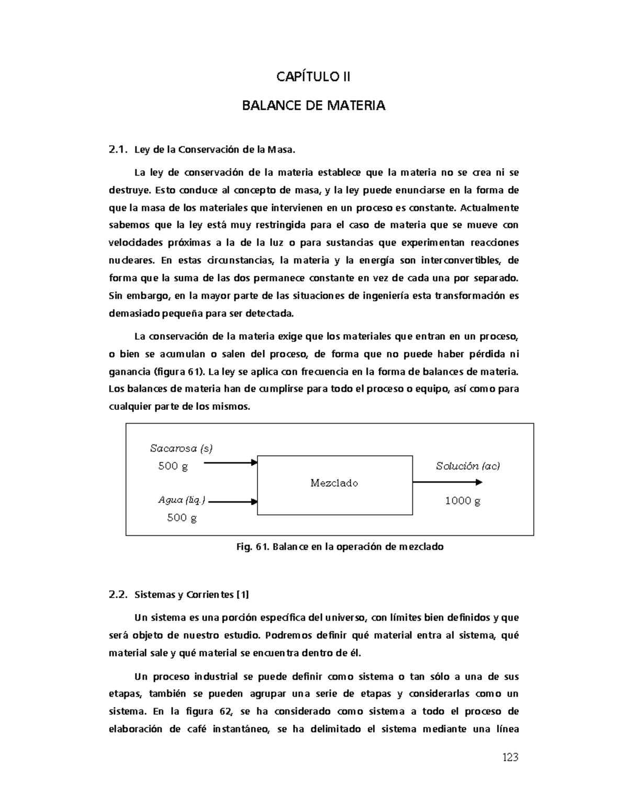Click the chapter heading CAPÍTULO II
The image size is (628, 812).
click(x=313, y=77)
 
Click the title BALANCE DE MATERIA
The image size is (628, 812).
click(x=313, y=106)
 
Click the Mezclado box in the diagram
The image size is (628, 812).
click(x=334, y=484)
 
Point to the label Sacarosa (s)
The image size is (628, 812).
click(x=181, y=448)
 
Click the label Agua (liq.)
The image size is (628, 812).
click(x=182, y=500)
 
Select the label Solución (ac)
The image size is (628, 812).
click(x=468, y=466)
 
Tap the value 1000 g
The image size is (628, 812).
click(x=463, y=501)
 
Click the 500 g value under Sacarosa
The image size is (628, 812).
click(x=173, y=466)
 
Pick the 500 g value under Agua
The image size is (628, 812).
click(x=182, y=518)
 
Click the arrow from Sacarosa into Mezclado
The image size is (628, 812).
click(x=230, y=462)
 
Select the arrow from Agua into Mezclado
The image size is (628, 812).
click(x=233, y=501)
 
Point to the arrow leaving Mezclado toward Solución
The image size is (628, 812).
click(x=447, y=482)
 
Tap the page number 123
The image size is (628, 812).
click(x=510, y=757)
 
